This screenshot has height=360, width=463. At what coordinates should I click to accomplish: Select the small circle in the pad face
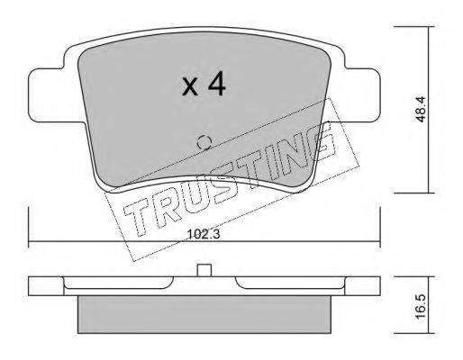click(204, 141)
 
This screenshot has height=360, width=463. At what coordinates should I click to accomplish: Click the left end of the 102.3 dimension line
click(31, 244)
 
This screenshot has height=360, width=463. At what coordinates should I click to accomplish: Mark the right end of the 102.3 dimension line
click(380, 244)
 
